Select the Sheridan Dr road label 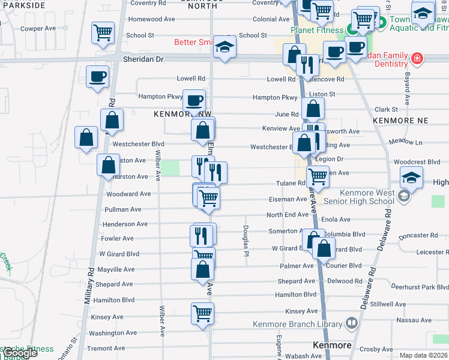pos(143,59)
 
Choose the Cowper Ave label pos(38,28)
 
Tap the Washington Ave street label pos(113,333)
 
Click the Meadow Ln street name pos(405,142)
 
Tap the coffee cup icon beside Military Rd pos(97,77)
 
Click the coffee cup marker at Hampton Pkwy pos(193,100)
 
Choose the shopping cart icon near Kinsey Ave pos(202,313)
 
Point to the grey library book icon pos(351,323)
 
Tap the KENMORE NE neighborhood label pos(400,121)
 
